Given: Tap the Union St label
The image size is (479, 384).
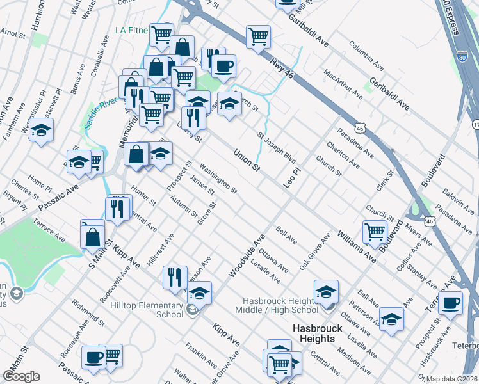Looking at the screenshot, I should click(247, 160).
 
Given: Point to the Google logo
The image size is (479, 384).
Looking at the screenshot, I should click(21, 376).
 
